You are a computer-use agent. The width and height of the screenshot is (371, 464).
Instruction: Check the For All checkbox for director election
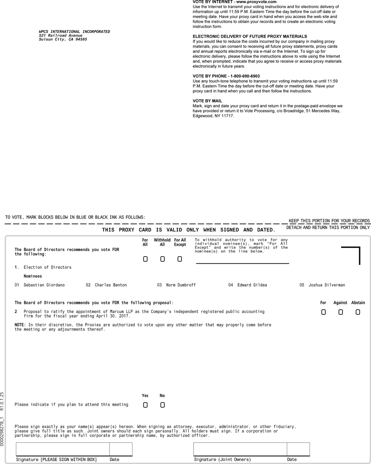pos(145,259)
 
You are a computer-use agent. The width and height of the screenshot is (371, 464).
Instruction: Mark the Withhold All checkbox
pos(162,259)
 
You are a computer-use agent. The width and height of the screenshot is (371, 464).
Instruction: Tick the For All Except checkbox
pos(180,259)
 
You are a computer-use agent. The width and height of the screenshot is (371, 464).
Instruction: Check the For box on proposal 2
pos(323,312)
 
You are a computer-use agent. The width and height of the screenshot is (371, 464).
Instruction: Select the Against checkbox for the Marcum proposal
pos(340,312)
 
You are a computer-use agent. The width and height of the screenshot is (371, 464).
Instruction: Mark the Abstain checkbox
pos(358,312)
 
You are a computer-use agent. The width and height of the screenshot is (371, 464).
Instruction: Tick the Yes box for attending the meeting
pos(145,405)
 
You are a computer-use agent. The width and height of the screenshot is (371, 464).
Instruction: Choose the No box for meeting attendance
pos(162,405)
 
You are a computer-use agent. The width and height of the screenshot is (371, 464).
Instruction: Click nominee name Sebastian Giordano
pos(44,285)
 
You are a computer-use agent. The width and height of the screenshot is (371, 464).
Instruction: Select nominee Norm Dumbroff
pos(181,285)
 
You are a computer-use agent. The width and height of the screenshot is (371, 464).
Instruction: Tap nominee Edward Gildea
pos(252,285)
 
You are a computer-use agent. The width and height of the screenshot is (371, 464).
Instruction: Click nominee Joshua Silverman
pos(327,285)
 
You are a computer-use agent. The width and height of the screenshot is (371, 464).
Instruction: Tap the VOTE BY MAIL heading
pos(207,101)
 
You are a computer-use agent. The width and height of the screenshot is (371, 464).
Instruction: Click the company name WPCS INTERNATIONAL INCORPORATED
pos(74,32)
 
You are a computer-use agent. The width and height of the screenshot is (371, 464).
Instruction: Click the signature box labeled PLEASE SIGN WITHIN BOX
pos(62,449)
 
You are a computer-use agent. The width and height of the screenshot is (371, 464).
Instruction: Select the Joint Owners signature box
pos(240,449)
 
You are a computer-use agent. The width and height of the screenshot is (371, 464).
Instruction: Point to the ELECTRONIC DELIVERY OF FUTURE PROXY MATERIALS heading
pos(250,36)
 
